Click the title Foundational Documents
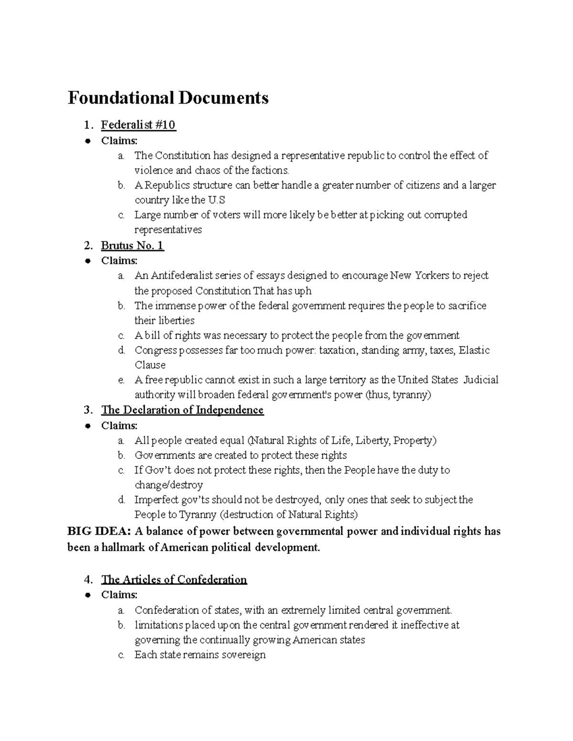(x=168, y=98)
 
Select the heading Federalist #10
(x=138, y=125)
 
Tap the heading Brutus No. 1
(x=132, y=246)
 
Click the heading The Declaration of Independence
(x=182, y=410)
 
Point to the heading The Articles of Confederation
(x=174, y=580)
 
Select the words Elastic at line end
(x=474, y=350)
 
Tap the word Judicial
(x=480, y=380)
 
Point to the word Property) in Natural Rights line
(x=415, y=440)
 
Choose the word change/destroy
(x=169, y=485)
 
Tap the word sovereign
(x=242, y=655)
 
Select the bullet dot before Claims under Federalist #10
(x=88, y=141)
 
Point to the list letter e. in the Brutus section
(x=121, y=380)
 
